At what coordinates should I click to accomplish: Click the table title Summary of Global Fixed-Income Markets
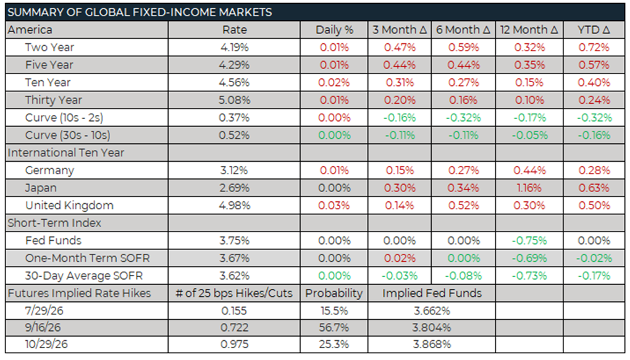click(x=140, y=12)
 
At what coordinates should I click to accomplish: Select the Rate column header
click(x=235, y=30)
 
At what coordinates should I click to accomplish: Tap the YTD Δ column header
click(x=594, y=30)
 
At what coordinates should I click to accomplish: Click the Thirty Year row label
click(x=54, y=100)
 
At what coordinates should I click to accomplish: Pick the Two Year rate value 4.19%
click(x=235, y=48)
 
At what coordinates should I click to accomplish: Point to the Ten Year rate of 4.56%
click(x=234, y=82)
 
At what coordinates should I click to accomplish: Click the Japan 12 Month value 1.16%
click(x=529, y=188)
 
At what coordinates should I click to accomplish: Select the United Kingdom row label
click(x=69, y=205)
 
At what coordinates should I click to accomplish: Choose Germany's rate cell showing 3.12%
click(x=234, y=170)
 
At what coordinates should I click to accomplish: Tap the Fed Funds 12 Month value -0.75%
click(x=529, y=241)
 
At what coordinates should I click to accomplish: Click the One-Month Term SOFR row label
click(x=87, y=258)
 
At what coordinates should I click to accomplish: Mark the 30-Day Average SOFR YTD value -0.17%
click(x=594, y=275)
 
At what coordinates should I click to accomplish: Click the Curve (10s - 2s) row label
click(x=64, y=118)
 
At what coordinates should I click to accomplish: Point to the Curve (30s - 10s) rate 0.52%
click(x=234, y=135)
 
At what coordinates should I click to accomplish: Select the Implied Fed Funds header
click(x=432, y=293)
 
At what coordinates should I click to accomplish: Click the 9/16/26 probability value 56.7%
click(x=334, y=328)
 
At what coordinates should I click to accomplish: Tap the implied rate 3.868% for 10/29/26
click(x=432, y=345)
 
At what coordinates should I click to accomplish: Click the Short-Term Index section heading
click(x=54, y=223)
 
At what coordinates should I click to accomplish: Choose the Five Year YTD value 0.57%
click(x=594, y=65)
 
